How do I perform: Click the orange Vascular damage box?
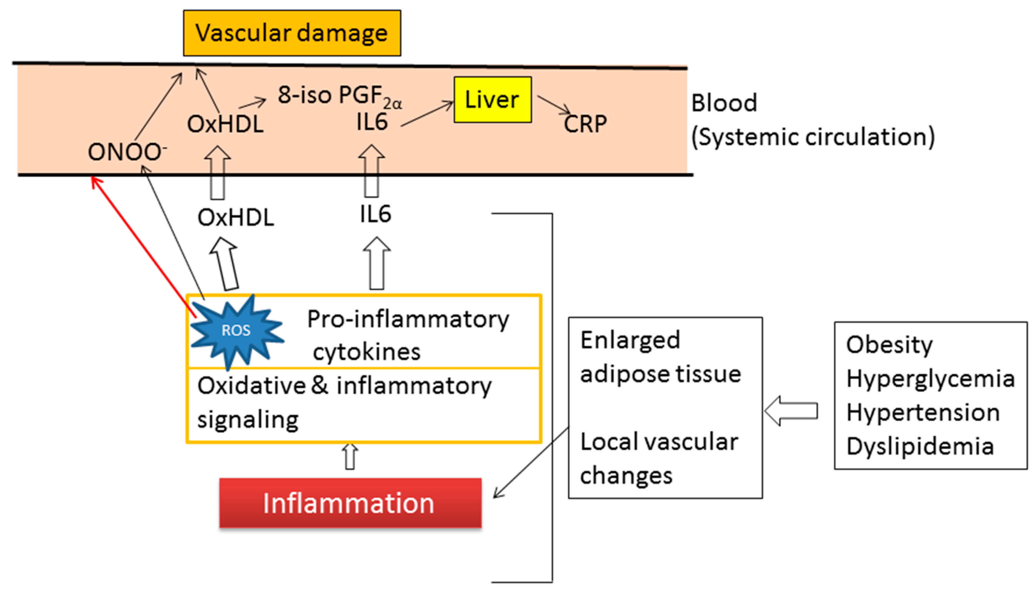tap(292, 33)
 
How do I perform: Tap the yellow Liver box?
tap(493, 99)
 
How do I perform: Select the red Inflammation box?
tap(350, 503)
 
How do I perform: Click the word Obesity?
tap(889, 345)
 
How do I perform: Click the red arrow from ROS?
tap(143, 247)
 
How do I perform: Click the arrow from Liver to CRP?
tap(554, 105)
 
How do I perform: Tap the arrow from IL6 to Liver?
tap(427, 114)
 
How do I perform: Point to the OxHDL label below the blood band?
tap(236, 218)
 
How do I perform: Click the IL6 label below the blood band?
tap(375, 214)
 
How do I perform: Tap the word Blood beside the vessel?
tap(724, 103)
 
